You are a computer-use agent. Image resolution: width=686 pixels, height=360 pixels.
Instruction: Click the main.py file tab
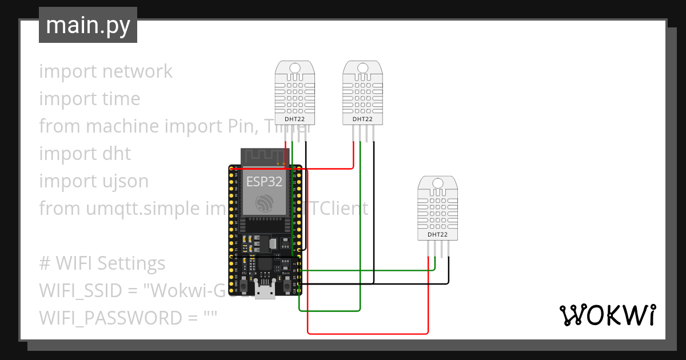coord(87,25)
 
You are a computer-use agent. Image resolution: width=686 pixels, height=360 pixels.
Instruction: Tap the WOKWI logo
coord(607,315)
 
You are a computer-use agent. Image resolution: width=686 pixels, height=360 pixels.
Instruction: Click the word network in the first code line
coord(137,71)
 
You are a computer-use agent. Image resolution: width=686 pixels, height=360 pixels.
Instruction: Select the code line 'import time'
coord(90,99)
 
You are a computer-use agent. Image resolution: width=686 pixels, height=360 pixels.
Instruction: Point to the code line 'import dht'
coord(85,154)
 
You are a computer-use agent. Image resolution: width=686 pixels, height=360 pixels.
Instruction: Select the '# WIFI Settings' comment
coord(102,263)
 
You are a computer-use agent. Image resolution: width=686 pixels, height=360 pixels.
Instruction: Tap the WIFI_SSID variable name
coord(79,291)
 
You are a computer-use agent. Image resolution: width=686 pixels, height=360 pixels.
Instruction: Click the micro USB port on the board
coord(265,292)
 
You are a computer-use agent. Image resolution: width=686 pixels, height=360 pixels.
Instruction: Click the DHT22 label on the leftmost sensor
coord(294,119)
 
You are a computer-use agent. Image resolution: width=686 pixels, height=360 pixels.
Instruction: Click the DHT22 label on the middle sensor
coord(362,119)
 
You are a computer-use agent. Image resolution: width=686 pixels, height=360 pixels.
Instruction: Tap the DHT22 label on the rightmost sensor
coord(438,234)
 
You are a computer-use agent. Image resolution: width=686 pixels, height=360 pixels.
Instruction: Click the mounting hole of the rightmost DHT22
coord(438,183)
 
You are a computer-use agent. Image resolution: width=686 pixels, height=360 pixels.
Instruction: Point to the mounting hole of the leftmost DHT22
coord(294,68)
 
